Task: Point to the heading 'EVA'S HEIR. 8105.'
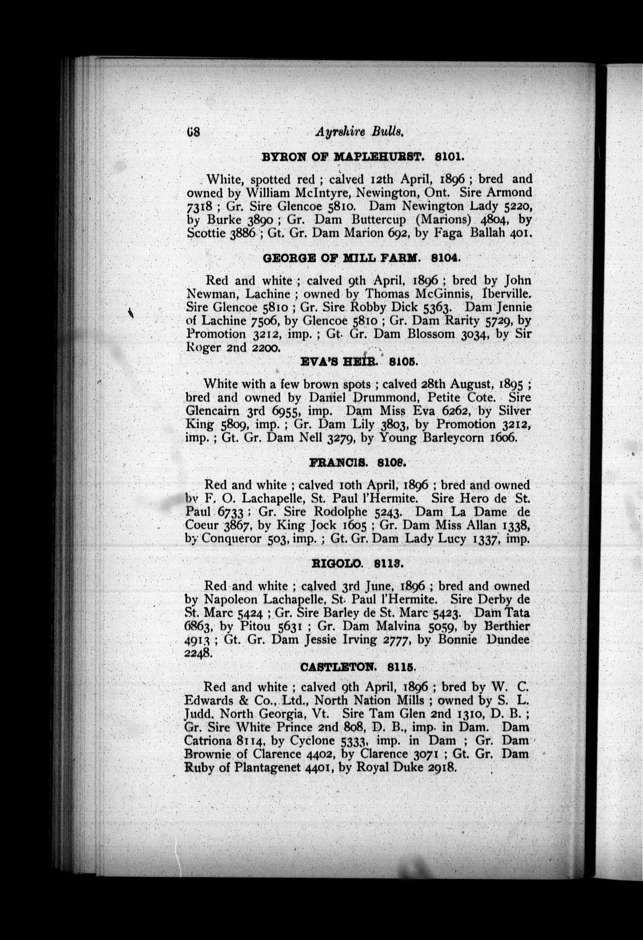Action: click(x=359, y=362)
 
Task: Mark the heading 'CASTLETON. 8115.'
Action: click(x=359, y=667)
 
